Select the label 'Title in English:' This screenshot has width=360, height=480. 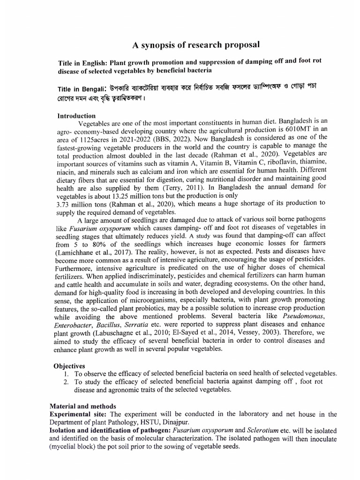(x=86, y=63)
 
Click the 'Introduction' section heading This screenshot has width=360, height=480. (x=76, y=116)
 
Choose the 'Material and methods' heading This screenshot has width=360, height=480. (x=83, y=406)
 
